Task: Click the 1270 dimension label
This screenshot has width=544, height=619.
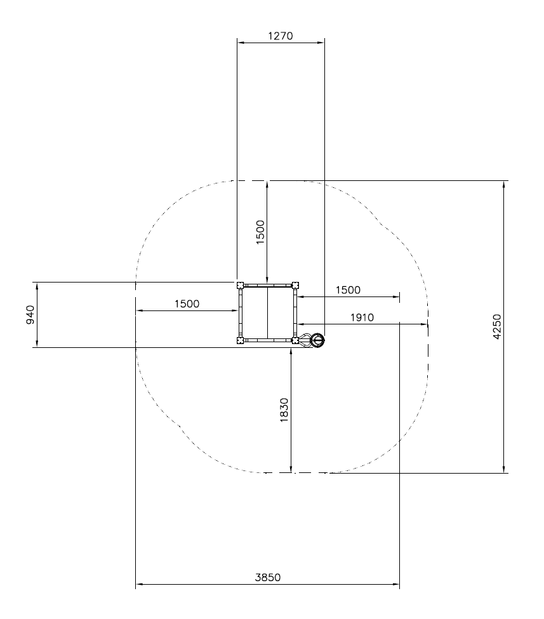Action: tap(281, 36)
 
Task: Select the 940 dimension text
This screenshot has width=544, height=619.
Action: tap(30, 315)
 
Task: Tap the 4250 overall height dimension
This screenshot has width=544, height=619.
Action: tap(497, 326)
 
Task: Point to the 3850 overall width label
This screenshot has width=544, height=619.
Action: tap(268, 578)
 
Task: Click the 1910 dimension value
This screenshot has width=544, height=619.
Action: tap(362, 317)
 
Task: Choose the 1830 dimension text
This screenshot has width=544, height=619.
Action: tap(284, 410)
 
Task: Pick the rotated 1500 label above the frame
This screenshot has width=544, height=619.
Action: tap(260, 232)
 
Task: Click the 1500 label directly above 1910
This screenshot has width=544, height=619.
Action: tap(348, 290)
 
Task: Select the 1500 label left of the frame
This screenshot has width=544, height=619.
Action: tap(187, 304)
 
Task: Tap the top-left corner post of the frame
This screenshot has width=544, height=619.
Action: tap(240, 286)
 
